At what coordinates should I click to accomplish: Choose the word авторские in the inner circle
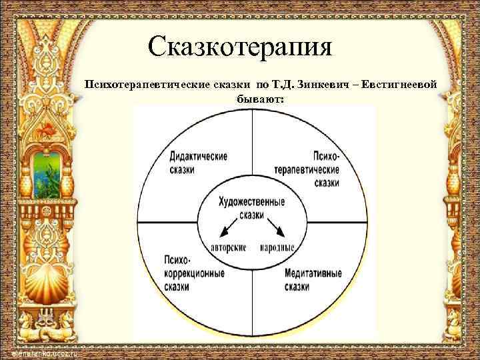click(x=229, y=247)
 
